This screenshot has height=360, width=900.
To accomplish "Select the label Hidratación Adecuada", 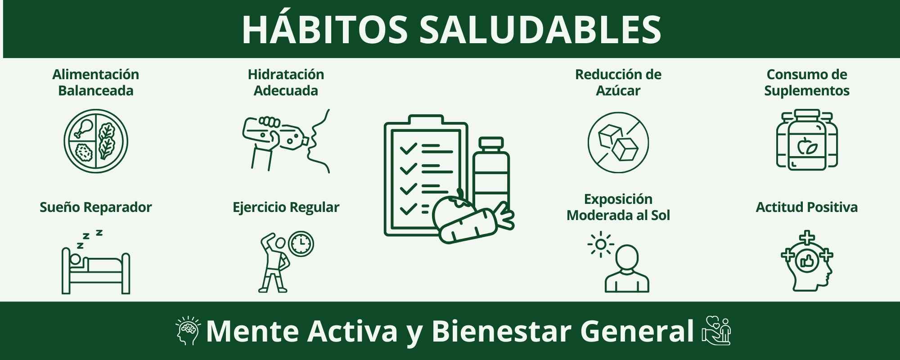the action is pos(286,82).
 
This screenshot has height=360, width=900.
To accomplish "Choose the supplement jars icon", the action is pos(807,140).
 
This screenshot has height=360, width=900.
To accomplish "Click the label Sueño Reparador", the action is pos(96,207).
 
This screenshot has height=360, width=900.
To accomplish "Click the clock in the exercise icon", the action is pos(301,244).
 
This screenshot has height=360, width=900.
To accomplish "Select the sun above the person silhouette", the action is pos(600,245).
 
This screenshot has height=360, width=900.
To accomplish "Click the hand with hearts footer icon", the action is pos(716,331).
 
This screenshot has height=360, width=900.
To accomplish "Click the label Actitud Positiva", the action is pos(807,207).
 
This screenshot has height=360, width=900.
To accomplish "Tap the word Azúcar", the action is pos(618,90).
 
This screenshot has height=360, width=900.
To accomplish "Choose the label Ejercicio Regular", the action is pos(286,207).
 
